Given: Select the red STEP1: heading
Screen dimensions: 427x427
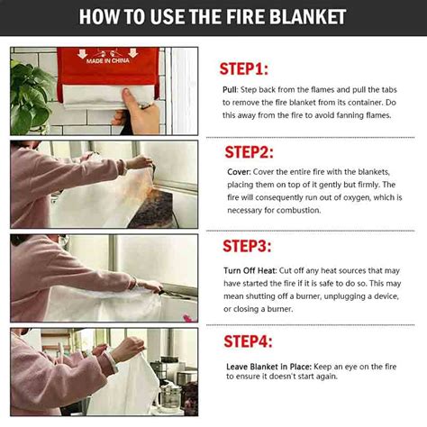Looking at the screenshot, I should [243, 69].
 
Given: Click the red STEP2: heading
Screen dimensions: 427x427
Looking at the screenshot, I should [249, 151].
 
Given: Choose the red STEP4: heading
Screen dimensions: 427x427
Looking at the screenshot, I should [248, 341].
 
